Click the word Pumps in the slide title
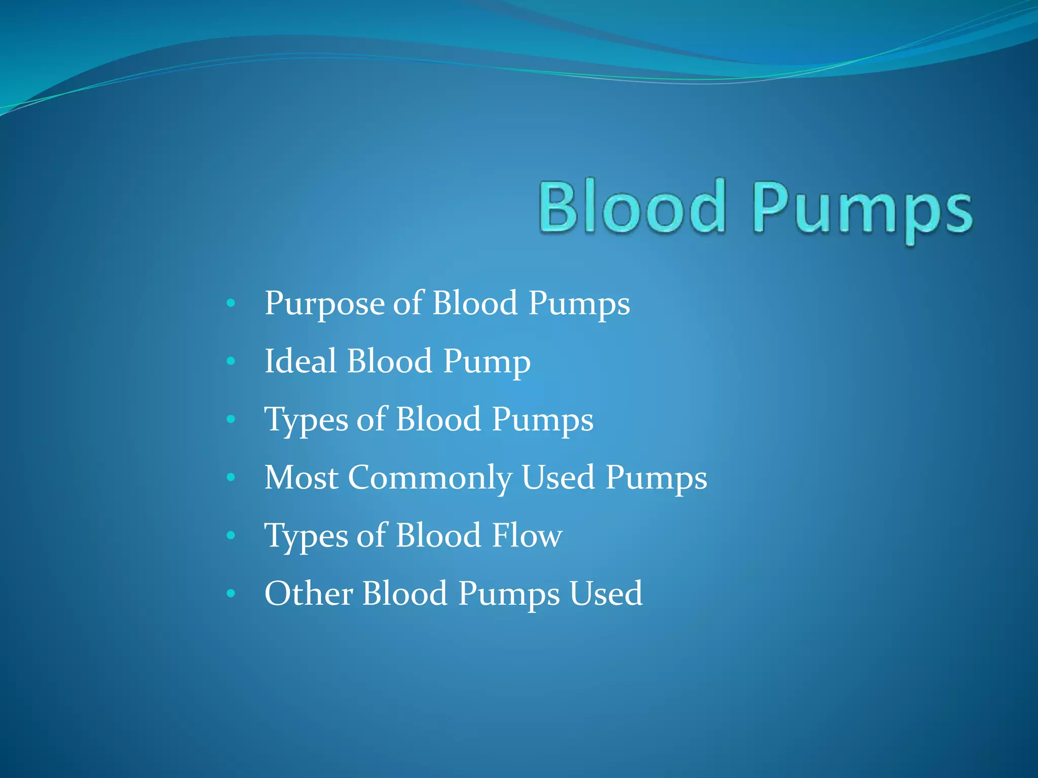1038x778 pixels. pyautogui.click(x=862, y=210)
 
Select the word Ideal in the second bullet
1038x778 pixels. pyautogui.click(x=301, y=361)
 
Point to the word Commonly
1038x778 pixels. pyautogui.click(x=430, y=478)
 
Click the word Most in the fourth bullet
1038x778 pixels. pyautogui.click(x=301, y=477)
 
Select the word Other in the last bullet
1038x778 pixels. pyautogui.click(x=309, y=593)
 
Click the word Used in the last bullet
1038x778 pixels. pyautogui.click(x=606, y=593)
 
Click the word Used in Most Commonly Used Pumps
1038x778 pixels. pyautogui.click(x=558, y=477)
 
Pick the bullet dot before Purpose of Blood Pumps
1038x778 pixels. pyautogui.click(x=231, y=303)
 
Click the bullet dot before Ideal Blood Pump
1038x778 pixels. pyautogui.click(x=231, y=361)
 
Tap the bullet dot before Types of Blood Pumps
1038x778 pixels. pyautogui.click(x=231, y=419)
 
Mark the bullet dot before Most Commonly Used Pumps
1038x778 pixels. pyautogui.click(x=231, y=477)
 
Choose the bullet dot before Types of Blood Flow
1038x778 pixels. pyautogui.click(x=231, y=535)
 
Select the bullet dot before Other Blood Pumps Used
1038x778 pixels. pyautogui.click(x=231, y=593)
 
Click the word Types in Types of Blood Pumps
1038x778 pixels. pyautogui.click(x=306, y=420)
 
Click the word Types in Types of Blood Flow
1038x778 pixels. pyautogui.click(x=306, y=536)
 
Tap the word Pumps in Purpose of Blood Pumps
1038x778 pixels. pyautogui.click(x=579, y=304)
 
